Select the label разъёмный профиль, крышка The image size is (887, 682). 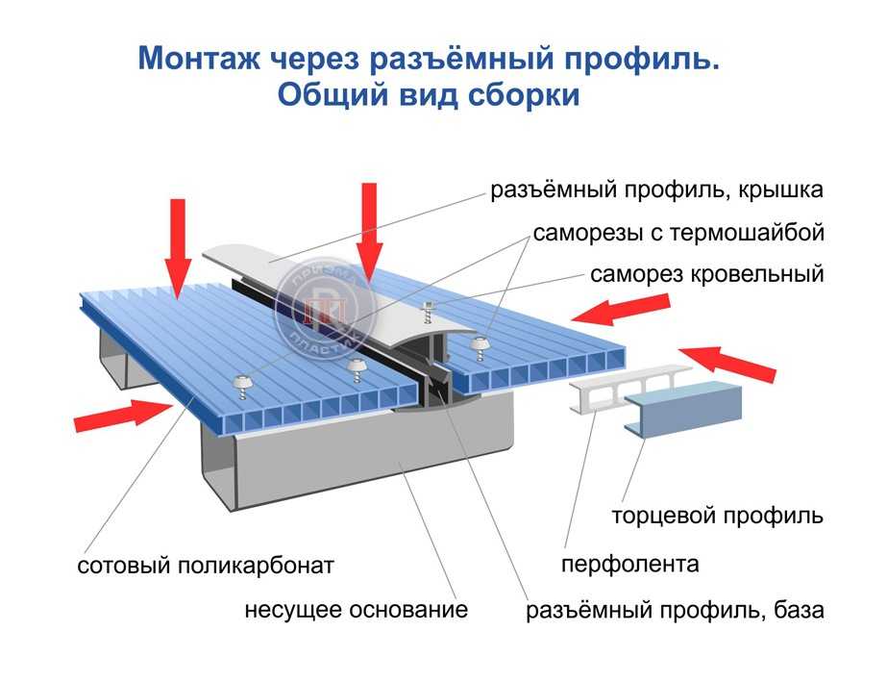click(x=657, y=189)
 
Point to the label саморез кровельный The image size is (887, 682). click(x=707, y=274)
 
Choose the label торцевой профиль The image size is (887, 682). click(x=717, y=516)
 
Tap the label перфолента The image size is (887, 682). click(x=629, y=564)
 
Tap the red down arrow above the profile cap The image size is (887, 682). click(x=371, y=231)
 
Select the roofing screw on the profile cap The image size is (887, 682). click(x=428, y=310)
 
